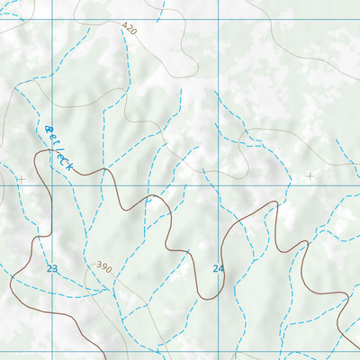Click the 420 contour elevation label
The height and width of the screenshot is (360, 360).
coord(129,30)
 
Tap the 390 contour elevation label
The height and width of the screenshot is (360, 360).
coord(103,268)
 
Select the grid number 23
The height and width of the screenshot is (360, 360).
coord(51,268)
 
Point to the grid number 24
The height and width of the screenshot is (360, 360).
coord(218,268)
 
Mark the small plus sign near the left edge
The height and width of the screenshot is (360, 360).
coord(21,179)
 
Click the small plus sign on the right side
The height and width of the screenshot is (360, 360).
coord(310,176)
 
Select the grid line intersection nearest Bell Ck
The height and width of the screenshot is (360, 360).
coord(51,184)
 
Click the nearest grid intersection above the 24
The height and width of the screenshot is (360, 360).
coord(218,184)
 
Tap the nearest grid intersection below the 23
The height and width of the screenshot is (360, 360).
coord(51,351)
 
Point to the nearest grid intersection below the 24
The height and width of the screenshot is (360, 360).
coord(218,351)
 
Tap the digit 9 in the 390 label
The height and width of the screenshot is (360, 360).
coord(103,268)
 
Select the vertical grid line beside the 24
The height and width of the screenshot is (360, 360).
coord(218,225)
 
